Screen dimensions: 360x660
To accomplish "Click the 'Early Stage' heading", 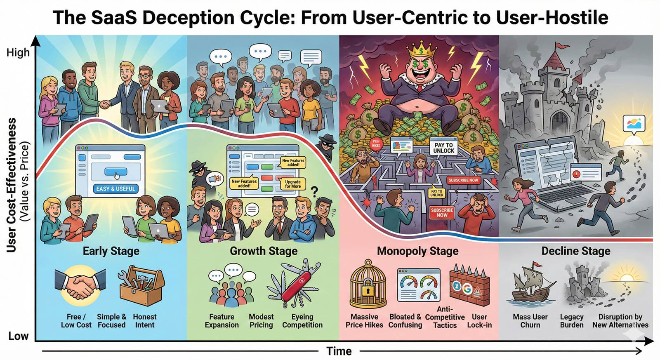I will tap(111, 251).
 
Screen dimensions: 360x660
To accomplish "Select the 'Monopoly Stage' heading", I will tap(417, 251).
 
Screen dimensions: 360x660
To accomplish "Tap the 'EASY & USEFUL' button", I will tap(115, 189).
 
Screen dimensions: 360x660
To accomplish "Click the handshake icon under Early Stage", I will tap(80, 283).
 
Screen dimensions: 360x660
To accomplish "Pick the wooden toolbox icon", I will tap(141, 285).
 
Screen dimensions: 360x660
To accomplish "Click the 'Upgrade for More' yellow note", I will tap(293, 184).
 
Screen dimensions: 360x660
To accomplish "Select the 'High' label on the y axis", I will tap(18, 53).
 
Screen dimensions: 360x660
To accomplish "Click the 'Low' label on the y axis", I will tap(18, 336).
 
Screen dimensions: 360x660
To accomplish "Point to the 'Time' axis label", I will tap(339, 351).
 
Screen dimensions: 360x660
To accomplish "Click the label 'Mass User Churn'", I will tap(530, 321).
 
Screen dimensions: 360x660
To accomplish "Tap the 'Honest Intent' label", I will tap(145, 321).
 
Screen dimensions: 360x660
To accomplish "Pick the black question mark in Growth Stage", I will tap(315, 191).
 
